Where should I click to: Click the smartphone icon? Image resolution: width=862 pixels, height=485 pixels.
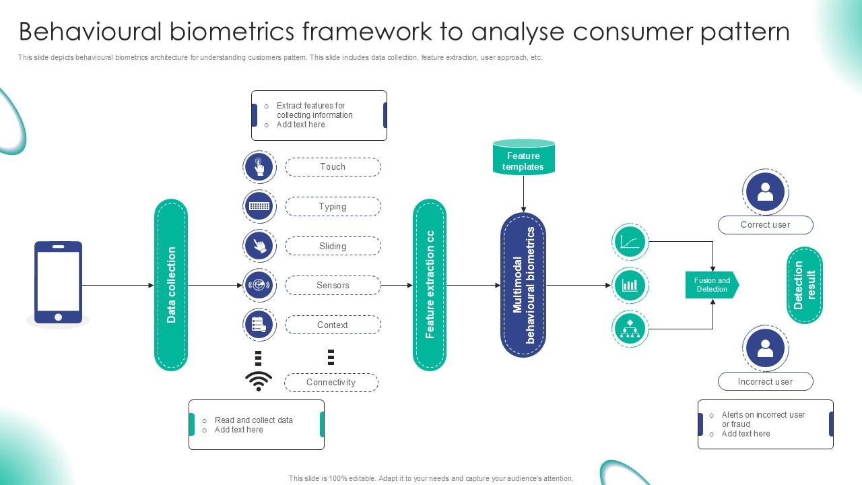[x=58, y=282]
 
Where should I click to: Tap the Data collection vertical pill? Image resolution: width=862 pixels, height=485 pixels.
[x=171, y=285]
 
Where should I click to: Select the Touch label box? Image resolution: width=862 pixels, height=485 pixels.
[x=333, y=167]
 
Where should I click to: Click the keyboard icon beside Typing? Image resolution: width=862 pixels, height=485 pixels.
[x=259, y=206]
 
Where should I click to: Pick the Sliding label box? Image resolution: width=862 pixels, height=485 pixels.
[x=333, y=246]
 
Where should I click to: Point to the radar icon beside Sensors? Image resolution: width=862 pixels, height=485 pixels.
[x=259, y=285]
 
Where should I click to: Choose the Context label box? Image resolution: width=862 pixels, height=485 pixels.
[x=333, y=325]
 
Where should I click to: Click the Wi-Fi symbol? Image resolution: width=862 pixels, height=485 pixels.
[x=259, y=381]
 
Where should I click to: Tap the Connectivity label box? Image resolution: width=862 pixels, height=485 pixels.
[x=331, y=383]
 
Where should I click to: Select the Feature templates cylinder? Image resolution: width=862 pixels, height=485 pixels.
[x=524, y=157]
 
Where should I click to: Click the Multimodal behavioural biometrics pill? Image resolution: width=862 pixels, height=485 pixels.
[x=523, y=285]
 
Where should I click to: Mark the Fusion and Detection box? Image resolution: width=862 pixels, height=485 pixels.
[x=712, y=285]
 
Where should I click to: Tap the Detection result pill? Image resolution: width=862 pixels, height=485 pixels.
[x=805, y=285]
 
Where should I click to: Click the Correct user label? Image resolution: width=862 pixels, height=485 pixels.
[x=766, y=225]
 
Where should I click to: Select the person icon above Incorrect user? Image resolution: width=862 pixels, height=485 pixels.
[x=766, y=348]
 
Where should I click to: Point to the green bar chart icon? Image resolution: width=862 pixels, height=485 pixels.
[x=630, y=285]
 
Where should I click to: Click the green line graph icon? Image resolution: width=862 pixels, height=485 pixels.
[x=630, y=242]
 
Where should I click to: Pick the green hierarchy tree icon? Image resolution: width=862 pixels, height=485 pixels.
[x=630, y=329]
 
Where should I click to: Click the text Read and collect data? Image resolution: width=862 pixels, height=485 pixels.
[x=254, y=420]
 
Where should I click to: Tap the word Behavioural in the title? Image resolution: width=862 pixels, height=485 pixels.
[x=90, y=32]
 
